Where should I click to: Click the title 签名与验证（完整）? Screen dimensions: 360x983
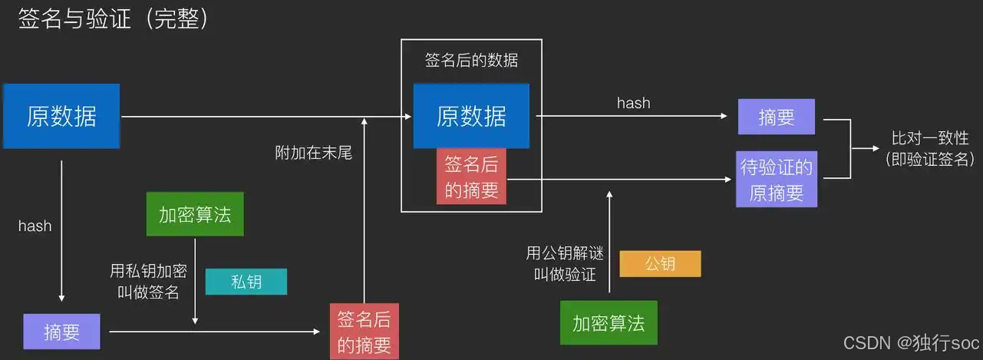click(x=114, y=20)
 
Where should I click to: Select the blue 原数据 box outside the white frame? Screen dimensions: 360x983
click(x=61, y=116)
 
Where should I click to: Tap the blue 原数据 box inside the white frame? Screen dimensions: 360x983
click(x=471, y=116)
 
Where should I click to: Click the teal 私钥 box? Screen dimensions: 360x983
click(x=246, y=282)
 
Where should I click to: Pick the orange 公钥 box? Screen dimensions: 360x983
click(x=660, y=264)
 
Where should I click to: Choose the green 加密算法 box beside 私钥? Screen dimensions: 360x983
click(x=195, y=214)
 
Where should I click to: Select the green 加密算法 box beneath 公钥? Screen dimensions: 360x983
click(x=609, y=322)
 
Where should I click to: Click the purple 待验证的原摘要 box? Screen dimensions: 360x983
click(x=776, y=179)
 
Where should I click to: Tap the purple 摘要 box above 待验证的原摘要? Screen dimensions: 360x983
click(x=776, y=117)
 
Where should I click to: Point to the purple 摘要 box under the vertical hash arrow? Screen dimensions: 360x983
click(x=61, y=332)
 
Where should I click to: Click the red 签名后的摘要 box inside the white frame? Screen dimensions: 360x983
click(x=471, y=177)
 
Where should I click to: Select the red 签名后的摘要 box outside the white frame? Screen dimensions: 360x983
click(x=365, y=332)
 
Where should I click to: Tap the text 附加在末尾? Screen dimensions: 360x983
click(x=313, y=153)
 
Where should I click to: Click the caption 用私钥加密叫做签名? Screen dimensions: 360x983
click(x=149, y=282)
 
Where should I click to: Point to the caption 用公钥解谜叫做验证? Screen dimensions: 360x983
click(x=565, y=263)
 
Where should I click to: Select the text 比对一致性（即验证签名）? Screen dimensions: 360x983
click(x=929, y=149)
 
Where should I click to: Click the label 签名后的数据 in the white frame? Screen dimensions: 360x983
click(x=471, y=60)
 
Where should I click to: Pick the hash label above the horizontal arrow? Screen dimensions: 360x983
click(x=633, y=103)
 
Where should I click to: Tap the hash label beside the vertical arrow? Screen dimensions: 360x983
click(x=35, y=226)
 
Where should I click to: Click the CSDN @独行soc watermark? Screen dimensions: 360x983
click(x=911, y=343)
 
